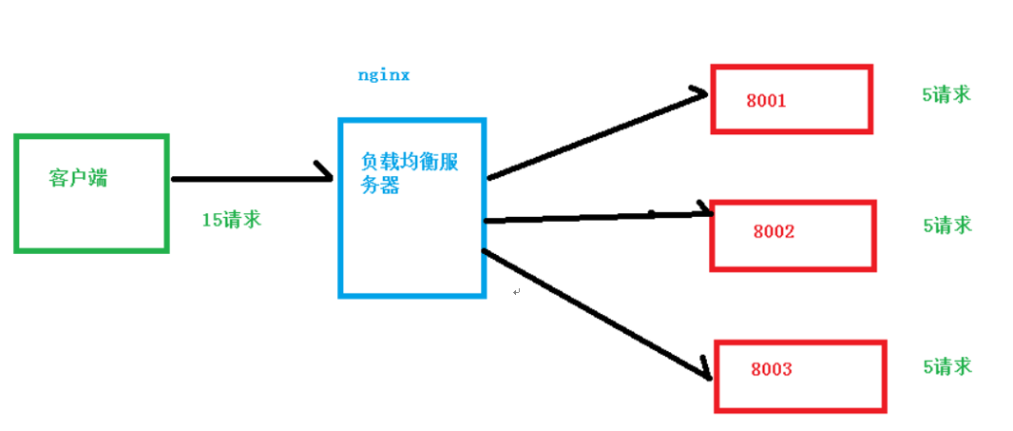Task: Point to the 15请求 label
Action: coord(231,220)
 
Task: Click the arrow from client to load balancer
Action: coord(247,178)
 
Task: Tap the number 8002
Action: coord(774,231)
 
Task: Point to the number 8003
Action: coord(771,370)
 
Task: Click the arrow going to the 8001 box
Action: coord(594,136)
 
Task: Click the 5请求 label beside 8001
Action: coord(946,95)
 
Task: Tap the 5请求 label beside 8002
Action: coord(946,225)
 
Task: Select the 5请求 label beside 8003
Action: coord(946,366)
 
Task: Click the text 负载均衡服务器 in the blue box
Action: coord(410,173)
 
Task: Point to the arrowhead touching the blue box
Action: coord(323,174)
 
